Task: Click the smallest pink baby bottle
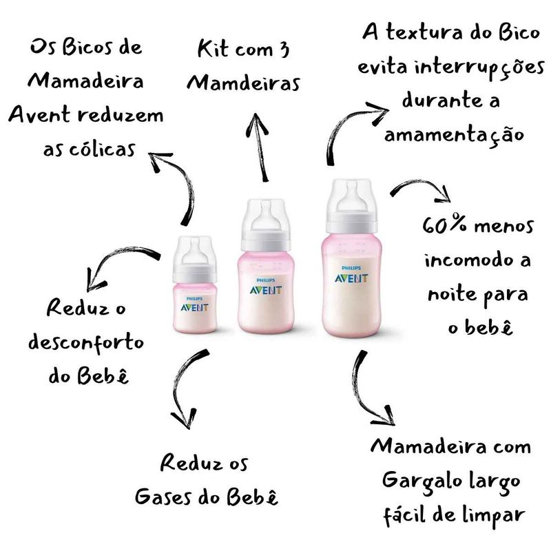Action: [195, 284]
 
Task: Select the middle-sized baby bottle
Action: [266, 266]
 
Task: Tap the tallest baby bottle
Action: [351, 258]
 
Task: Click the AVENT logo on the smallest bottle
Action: [195, 308]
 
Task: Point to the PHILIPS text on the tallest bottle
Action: [351, 268]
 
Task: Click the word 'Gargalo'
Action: [422, 482]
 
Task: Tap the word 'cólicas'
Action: [102, 149]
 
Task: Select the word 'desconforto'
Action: [87, 342]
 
